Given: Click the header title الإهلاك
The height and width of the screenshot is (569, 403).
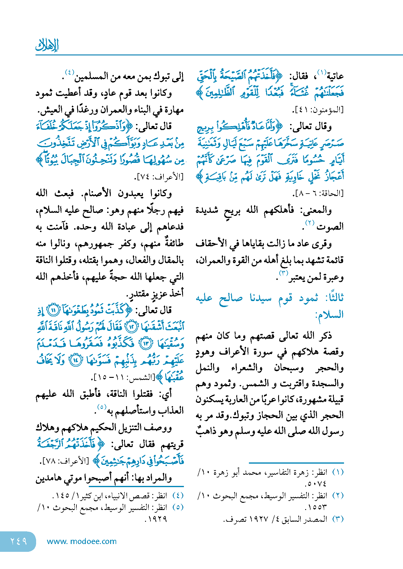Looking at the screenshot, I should (47, 45).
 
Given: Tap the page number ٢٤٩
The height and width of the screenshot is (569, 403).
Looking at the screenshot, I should (18, 541).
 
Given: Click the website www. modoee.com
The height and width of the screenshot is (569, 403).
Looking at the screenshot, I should (82, 541).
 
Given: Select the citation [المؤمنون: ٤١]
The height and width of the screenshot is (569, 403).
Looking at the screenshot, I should (318, 110).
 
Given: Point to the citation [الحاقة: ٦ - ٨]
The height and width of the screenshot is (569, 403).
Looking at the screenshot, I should (318, 193).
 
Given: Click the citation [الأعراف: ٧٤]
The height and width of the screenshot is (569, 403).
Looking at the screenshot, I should (160, 177).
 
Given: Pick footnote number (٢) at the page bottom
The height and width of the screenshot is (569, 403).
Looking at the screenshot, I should (338, 496).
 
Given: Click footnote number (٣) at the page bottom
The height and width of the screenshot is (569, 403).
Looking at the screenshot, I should (338, 519).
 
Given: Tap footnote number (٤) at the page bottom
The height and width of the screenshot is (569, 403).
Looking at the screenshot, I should (178, 496).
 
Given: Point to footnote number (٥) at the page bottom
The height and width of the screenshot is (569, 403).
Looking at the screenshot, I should (178, 507).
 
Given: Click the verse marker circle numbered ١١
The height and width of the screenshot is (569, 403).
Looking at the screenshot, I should (54, 310).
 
